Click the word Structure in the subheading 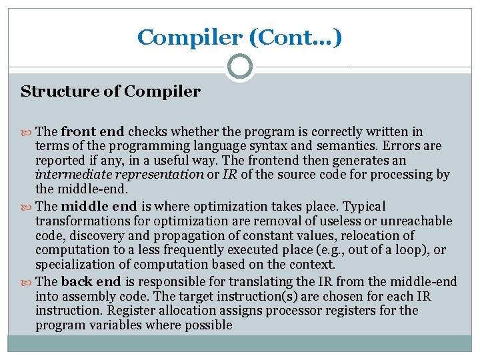coord(51,91)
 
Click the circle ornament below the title coord(240,67)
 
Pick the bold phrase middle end coord(99,206)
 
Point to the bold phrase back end coord(89,281)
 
